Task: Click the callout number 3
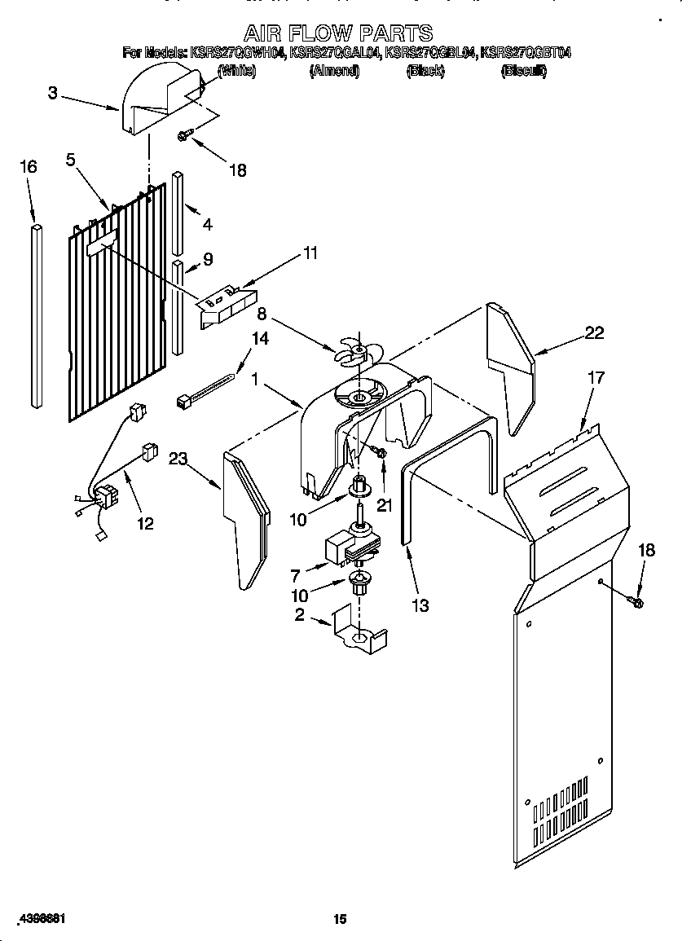pyautogui.click(x=52, y=93)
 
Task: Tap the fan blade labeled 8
pyautogui.click(x=357, y=351)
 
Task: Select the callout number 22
pyautogui.click(x=595, y=332)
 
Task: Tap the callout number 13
pyautogui.click(x=420, y=605)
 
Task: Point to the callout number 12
pyautogui.click(x=145, y=523)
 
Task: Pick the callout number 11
pyautogui.click(x=310, y=253)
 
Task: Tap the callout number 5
pyautogui.click(x=71, y=160)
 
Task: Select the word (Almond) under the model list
pyautogui.click(x=334, y=71)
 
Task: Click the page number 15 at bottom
pyautogui.click(x=341, y=919)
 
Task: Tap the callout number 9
pyautogui.click(x=208, y=259)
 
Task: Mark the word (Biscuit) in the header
pyautogui.click(x=524, y=71)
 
